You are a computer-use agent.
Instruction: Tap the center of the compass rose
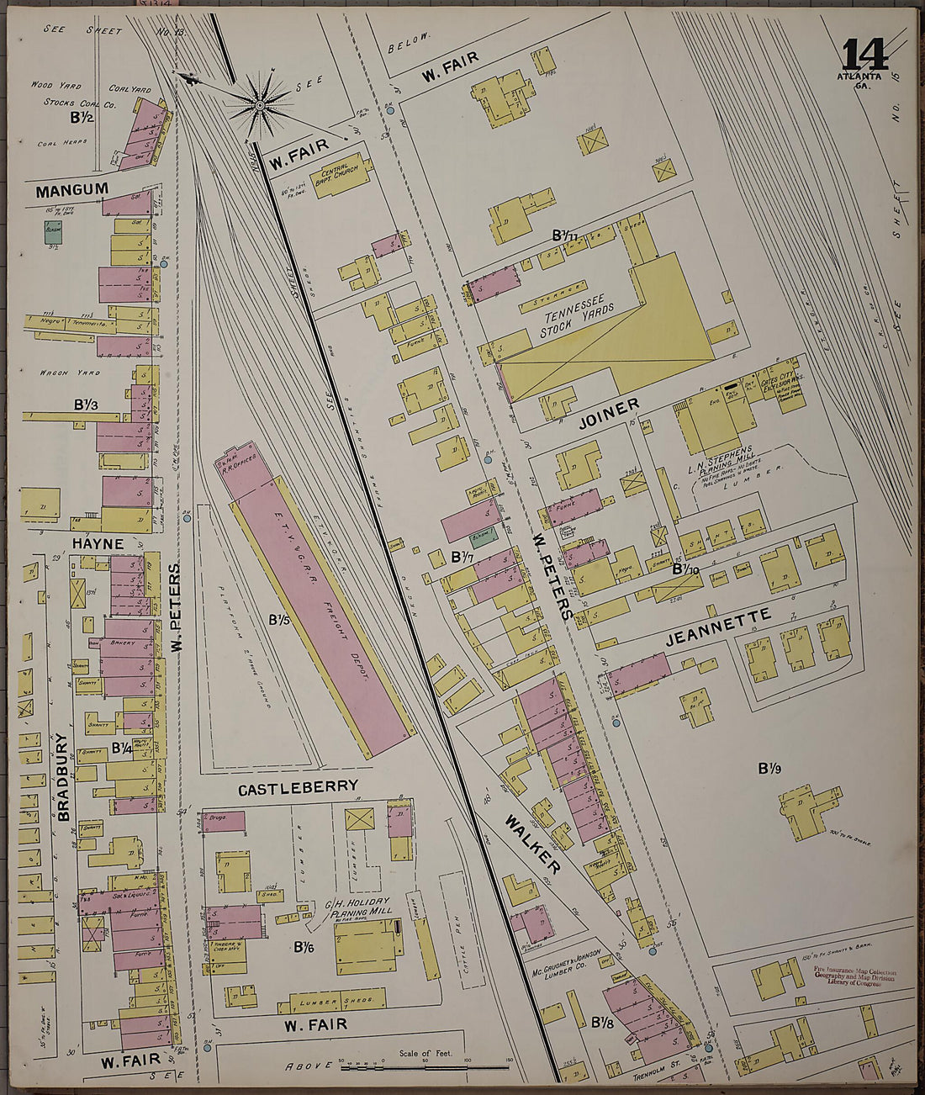(260, 105)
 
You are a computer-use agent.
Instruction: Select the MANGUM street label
(71, 190)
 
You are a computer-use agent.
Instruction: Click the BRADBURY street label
(62, 775)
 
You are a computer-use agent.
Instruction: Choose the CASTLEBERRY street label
(298, 789)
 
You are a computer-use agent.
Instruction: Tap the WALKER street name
(533, 844)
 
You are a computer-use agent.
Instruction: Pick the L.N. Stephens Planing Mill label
(721, 461)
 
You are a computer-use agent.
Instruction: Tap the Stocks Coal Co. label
(80, 103)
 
